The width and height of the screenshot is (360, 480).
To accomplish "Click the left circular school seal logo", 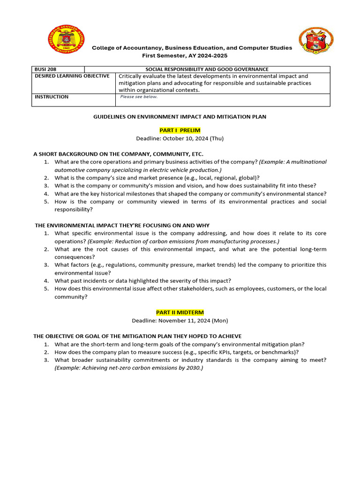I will click(x=66, y=41).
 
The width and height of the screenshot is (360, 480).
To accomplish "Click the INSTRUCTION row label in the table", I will click(x=52, y=97).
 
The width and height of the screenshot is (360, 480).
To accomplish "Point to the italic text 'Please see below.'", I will click(x=139, y=97).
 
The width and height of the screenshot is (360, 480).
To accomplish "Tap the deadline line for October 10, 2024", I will click(x=180, y=138).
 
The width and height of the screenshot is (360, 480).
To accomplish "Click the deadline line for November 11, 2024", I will click(x=180, y=321).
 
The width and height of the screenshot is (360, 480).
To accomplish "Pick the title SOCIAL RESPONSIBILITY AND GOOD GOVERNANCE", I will click(x=207, y=69).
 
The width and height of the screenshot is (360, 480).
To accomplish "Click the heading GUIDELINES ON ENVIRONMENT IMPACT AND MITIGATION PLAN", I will click(x=180, y=117).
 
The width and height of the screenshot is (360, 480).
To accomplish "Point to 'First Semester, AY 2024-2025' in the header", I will click(x=192, y=55).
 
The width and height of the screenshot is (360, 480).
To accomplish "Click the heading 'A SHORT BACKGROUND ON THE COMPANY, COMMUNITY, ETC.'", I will click(x=119, y=154).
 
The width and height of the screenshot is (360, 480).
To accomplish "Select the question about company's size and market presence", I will click(x=157, y=178).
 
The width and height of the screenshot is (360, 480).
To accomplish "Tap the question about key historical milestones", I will click(x=190, y=194).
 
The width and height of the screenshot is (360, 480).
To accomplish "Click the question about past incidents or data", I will click(x=142, y=281).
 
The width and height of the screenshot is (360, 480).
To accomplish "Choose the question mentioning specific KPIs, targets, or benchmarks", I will click(x=177, y=352).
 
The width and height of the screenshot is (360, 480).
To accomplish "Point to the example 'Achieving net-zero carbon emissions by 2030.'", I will click(x=129, y=368).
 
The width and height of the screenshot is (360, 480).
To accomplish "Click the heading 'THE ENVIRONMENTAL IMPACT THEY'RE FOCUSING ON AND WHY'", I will click(x=122, y=225).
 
